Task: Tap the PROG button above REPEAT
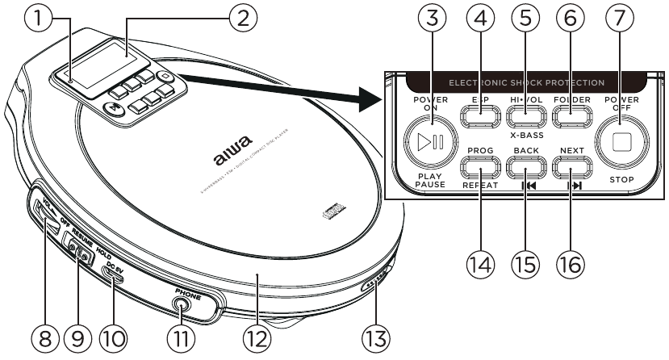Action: pyautogui.click(x=479, y=170)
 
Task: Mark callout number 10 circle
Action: pyautogui.click(x=114, y=337)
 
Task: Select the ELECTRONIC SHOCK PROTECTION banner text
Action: pyautogui.click(x=526, y=82)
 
